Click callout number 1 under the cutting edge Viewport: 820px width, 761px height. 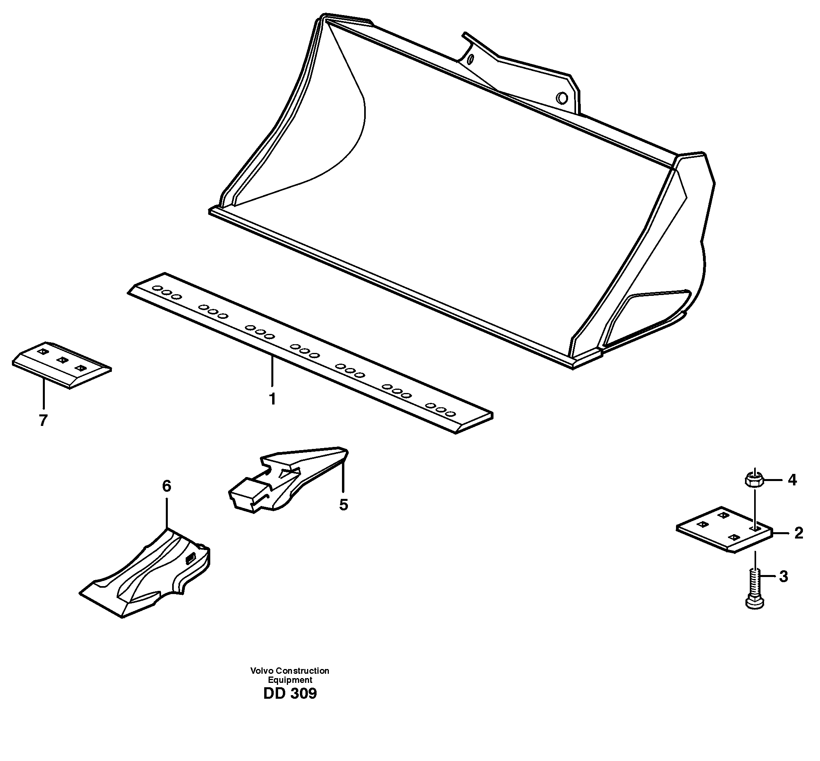(272, 399)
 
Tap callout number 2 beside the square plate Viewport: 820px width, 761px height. (798, 533)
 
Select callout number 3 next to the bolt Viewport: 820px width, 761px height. (783, 577)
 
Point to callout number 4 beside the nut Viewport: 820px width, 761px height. (792, 480)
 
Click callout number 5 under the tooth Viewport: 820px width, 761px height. (344, 505)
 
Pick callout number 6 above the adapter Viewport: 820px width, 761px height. (166, 486)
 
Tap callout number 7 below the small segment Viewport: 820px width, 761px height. (43, 420)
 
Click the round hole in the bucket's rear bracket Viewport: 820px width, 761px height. (561, 98)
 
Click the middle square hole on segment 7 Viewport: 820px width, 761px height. (62, 360)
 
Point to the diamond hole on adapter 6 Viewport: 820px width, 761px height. (190, 559)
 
